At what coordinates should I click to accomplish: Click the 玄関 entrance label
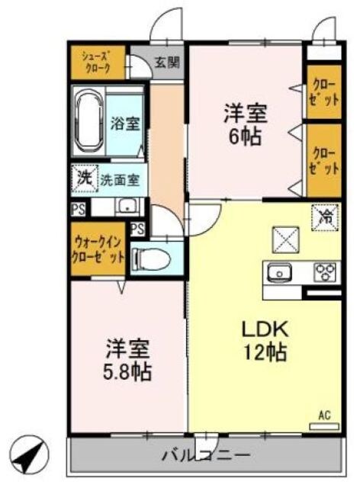point(168,62)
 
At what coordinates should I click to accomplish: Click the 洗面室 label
point(119,180)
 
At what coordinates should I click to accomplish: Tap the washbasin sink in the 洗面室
point(128,206)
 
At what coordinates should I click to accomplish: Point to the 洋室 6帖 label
point(244,126)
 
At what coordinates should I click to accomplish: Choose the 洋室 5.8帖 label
point(127,362)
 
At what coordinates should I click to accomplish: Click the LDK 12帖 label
point(264,340)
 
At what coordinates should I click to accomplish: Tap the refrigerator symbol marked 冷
point(323,217)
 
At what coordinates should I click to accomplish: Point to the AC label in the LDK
point(324,416)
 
